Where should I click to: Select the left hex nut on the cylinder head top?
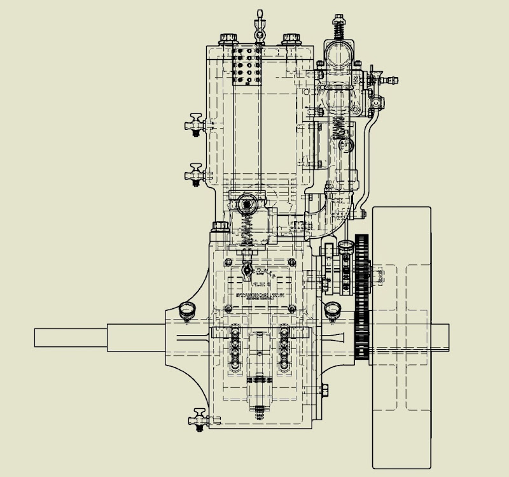tap(227, 39)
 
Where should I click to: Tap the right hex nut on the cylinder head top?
tap(291, 39)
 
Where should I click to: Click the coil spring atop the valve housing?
tap(338, 27)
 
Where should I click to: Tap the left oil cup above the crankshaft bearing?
tap(187, 311)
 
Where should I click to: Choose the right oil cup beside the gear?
tap(331, 311)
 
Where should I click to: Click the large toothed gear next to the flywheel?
tap(363, 296)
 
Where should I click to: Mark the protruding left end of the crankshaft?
tap(70, 338)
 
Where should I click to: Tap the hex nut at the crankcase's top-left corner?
tap(220, 226)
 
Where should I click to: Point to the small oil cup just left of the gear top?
tap(345, 245)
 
